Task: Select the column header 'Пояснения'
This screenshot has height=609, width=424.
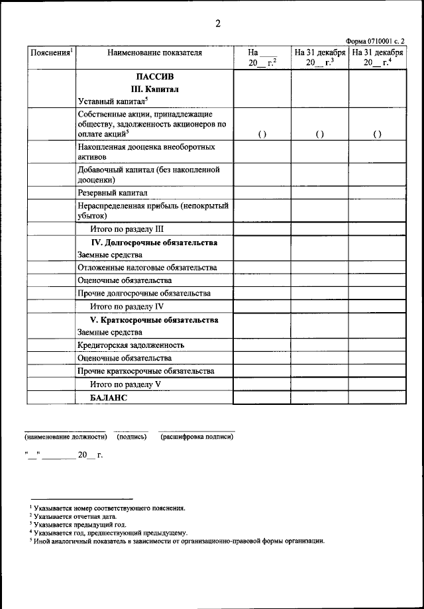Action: point(50,52)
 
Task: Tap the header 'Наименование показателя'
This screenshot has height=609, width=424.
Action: point(154,52)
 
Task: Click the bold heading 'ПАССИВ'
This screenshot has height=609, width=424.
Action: point(154,76)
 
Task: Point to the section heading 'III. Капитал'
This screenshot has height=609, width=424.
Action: point(154,89)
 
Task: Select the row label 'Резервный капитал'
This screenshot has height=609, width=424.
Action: point(112,193)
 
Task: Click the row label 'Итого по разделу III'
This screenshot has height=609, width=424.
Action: point(127,229)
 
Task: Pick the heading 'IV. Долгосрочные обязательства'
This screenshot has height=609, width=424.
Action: point(154,243)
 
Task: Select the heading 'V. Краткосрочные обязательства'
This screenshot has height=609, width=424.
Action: point(154,320)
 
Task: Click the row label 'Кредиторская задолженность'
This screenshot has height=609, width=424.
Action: point(131,345)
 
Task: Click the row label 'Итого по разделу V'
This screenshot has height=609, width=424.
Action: point(126,384)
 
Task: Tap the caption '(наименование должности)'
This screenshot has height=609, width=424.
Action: point(66,437)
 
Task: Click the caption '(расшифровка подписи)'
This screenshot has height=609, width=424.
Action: point(196,437)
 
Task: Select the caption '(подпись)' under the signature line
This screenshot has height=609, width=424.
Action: point(131,437)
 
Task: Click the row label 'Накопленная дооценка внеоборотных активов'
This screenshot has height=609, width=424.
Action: point(146,150)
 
